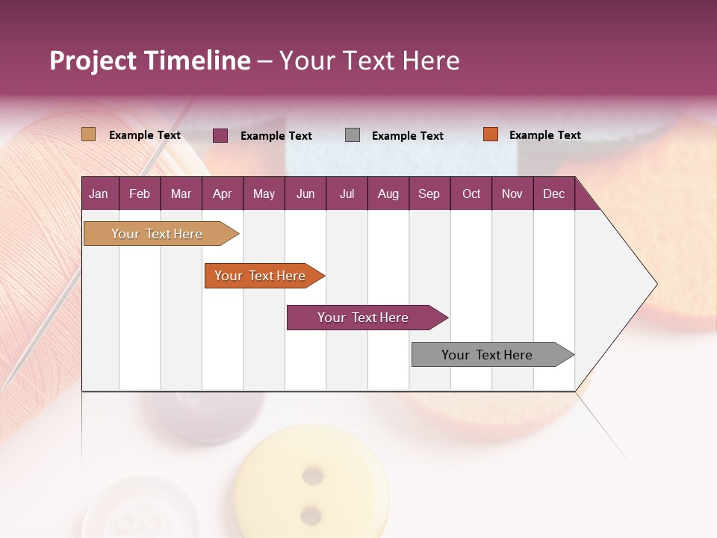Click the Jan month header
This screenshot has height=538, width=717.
tap(99, 194)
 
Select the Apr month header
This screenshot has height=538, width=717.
tap(222, 194)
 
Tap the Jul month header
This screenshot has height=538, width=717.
tap(347, 194)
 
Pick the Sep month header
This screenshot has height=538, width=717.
tap(429, 194)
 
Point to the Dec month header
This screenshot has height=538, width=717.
tap(553, 194)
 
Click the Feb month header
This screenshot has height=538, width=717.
tap(140, 194)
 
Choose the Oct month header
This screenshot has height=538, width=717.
tap(471, 194)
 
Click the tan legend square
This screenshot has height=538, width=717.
tap(89, 134)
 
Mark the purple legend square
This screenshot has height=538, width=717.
tap(220, 135)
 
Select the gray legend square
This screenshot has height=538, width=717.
tap(353, 135)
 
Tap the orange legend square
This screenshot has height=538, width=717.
tap(490, 134)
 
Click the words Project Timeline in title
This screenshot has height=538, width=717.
tap(150, 61)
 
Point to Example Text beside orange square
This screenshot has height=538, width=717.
tap(544, 135)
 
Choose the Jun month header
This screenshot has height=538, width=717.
tap(305, 194)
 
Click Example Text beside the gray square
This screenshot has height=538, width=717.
tap(407, 136)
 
